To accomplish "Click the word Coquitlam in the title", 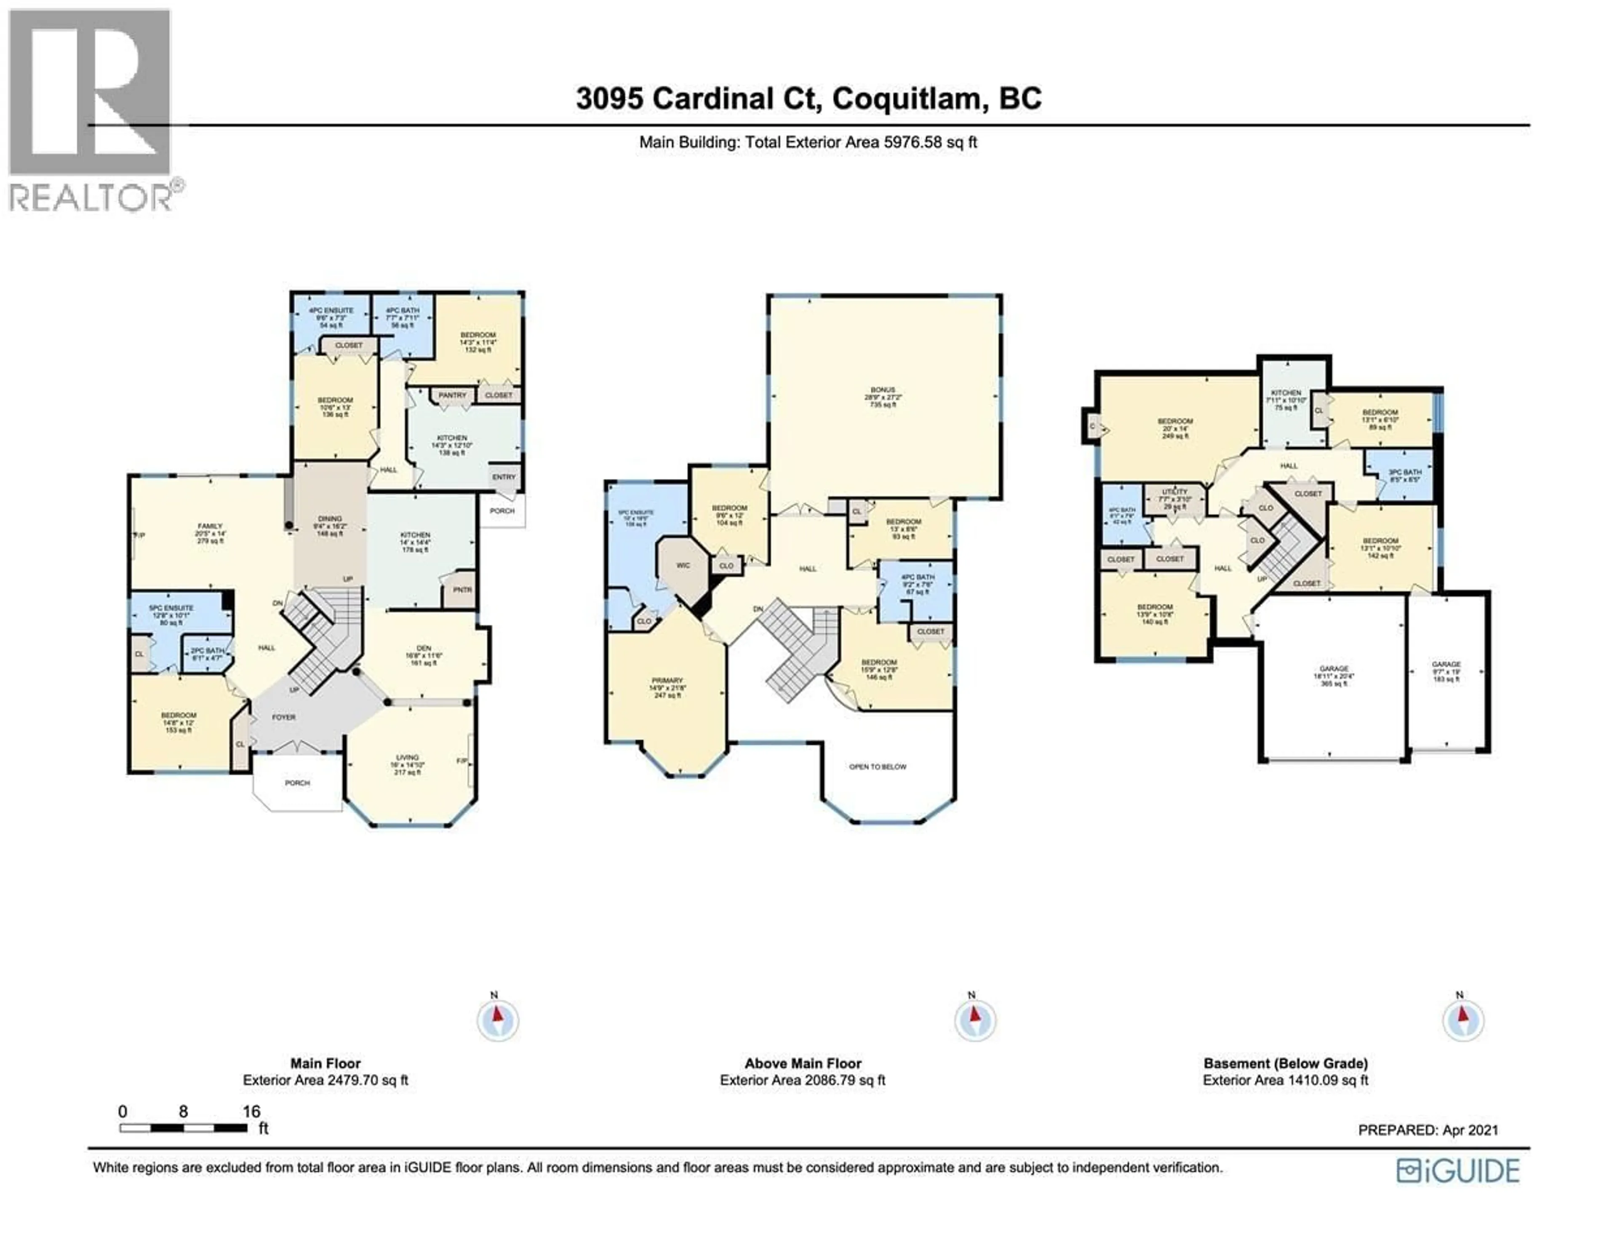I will point(911,99).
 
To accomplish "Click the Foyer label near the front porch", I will point(283,717).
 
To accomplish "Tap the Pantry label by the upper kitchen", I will point(452,395).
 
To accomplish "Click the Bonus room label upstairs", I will point(883,397).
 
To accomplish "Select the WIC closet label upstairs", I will point(683,565).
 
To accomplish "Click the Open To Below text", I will point(878,767).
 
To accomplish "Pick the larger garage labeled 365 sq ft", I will point(1334,676).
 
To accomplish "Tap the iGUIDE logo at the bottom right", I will point(1457,1171).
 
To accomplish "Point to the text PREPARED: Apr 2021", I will point(1428,1130).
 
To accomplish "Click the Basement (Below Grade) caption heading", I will point(1285,1063).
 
